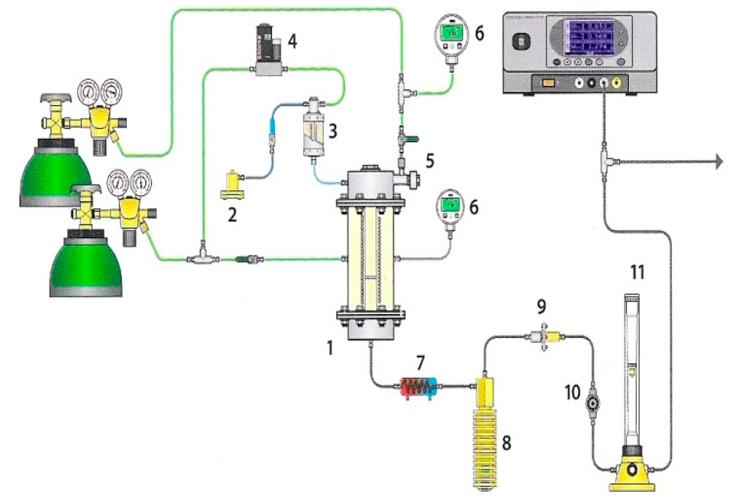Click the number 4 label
click(292, 42)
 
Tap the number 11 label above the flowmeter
click(637, 272)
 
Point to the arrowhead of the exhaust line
click(719, 162)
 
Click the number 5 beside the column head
click(430, 161)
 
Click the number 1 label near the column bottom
click(330, 348)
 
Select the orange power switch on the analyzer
click(548, 83)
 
